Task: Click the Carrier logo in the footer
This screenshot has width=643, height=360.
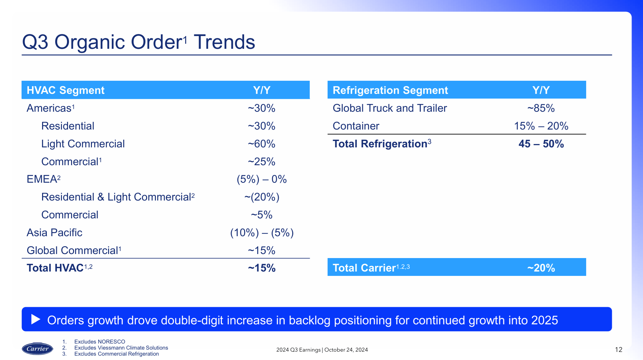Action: pos(37,349)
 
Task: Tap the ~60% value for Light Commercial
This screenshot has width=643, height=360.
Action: pos(262,144)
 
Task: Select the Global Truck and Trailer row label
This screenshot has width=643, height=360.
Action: pos(390,108)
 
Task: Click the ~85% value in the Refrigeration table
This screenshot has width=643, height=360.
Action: pos(541,108)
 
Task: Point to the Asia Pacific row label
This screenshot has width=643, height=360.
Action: pos(54,233)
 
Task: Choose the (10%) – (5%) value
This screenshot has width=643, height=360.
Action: pos(262,233)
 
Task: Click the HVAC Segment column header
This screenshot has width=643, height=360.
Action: pos(65,90)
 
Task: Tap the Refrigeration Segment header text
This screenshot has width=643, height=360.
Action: pos(390,90)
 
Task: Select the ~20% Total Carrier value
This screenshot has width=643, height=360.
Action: pos(541,268)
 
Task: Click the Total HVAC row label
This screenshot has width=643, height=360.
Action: pos(55,268)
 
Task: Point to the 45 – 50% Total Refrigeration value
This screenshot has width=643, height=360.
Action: pos(541,144)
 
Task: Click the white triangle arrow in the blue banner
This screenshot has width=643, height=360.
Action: pos(35,319)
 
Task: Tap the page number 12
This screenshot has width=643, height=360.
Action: pos(618,350)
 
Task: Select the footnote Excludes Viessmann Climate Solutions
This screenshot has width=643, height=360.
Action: pos(121,348)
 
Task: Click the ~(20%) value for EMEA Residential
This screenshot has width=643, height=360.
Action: pos(262,197)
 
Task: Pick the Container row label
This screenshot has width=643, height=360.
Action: pos(356,126)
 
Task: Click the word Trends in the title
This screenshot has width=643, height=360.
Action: pos(224,42)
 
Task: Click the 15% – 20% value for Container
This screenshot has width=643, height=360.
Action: pos(541,126)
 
